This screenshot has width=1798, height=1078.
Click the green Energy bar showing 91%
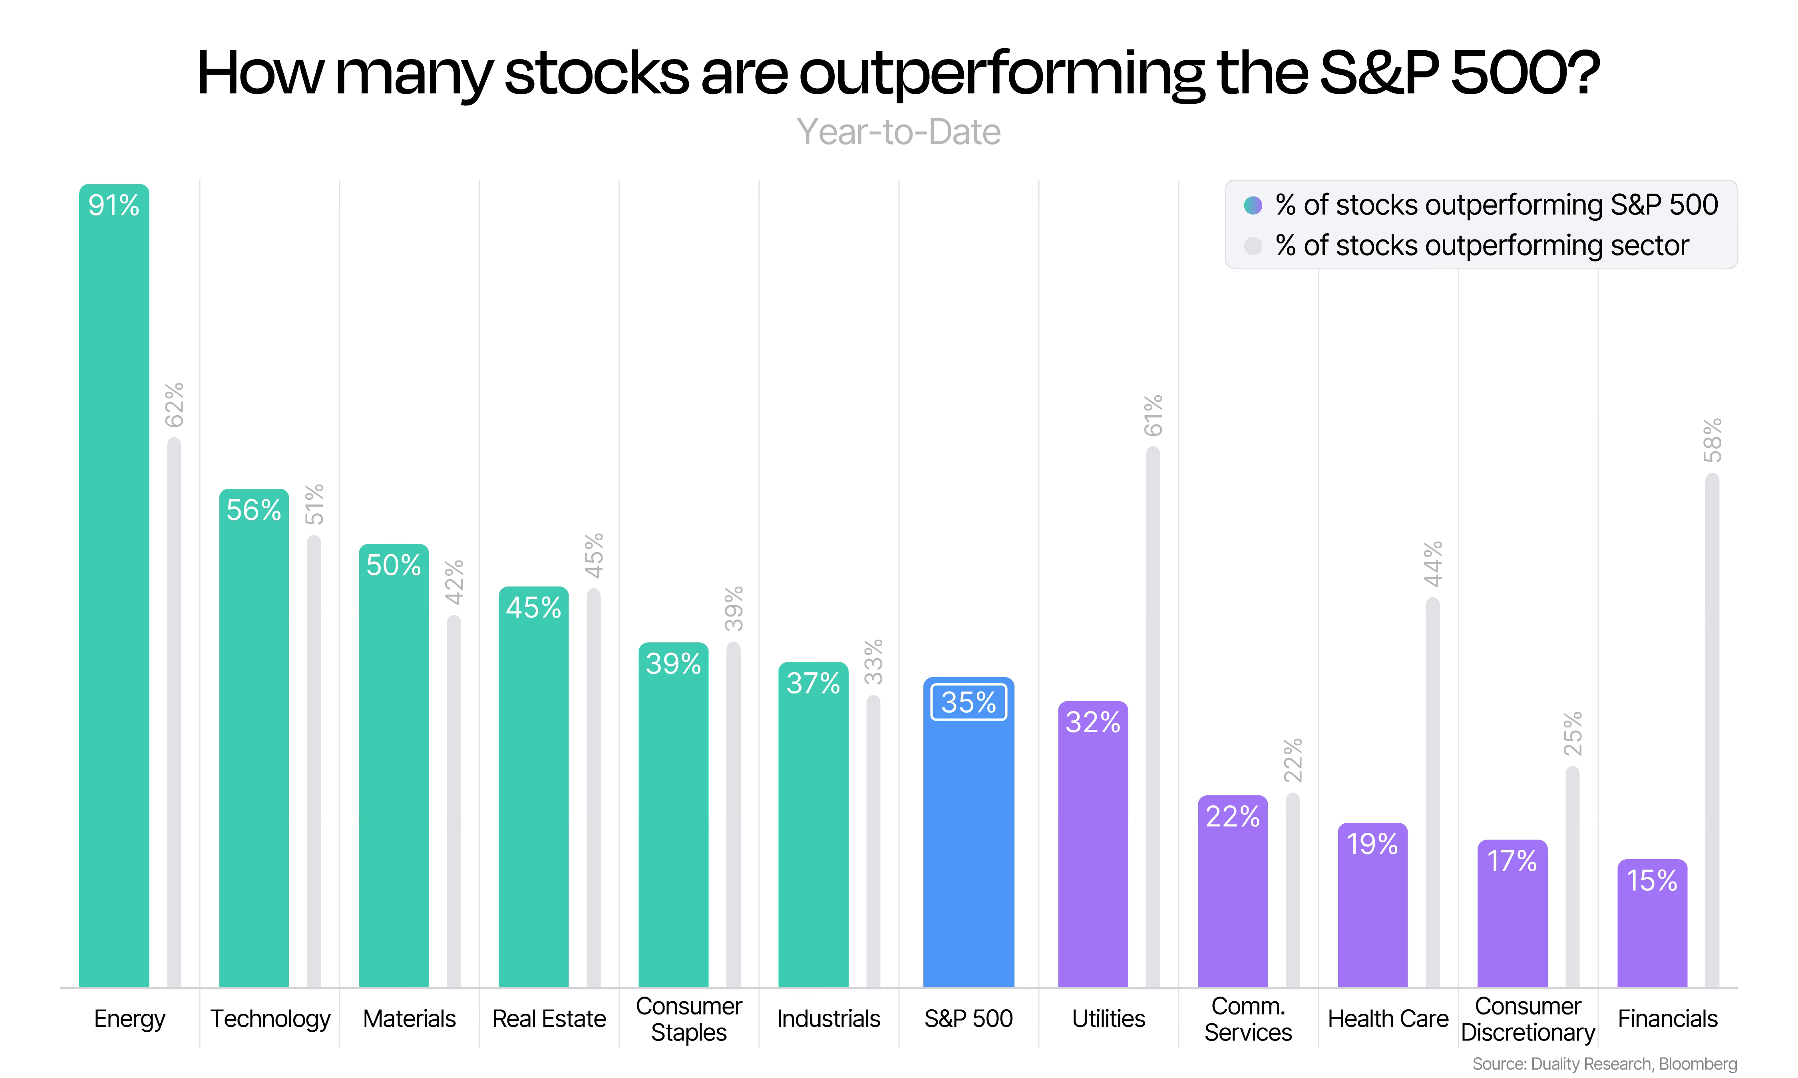pyautogui.click(x=114, y=585)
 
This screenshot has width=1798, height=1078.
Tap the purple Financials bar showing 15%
pyautogui.click(x=1652, y=923)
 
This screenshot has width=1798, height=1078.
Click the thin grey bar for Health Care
pyautogui.click(x=1432, y=793)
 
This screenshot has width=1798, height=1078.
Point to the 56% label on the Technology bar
pyautogui.click(x=254, y=510)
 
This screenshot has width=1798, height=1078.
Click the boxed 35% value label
pyautogui.click(x=969, y=702)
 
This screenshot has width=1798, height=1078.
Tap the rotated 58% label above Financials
pyautogui.click(x=1712, y=440)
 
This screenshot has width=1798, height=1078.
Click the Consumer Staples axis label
pyautogui.click(x=689, y=1019)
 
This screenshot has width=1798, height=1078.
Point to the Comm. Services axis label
pyautogui.click(x=1248, y=1019)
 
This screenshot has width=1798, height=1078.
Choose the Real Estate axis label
pyautogui.click(x=549, y=1019)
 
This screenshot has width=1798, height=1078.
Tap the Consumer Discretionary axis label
pyautogui.click(x=1528, y=1019)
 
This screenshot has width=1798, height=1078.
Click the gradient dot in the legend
pyautogui.click(x=1253, y=206)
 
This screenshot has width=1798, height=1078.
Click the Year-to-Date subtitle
pyautogui.click(x=899, y=132)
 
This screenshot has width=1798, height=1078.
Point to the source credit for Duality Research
pyautogui.click(x=1605, y=1064)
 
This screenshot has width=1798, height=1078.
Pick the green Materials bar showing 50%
pyautogui.click(x=394, y=766)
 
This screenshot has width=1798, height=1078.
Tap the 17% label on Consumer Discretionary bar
pyautogui.click(x=1512, y=862)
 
